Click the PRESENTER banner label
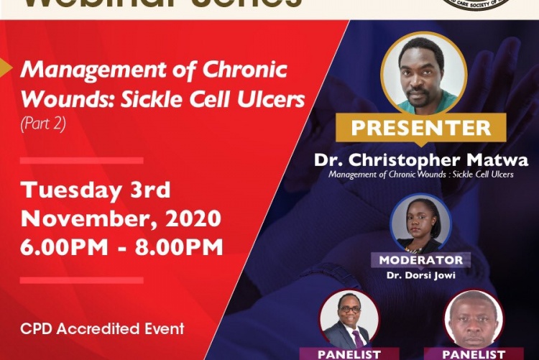pos(421,128)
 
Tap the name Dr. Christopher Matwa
pos(421,160)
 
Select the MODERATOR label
pos(420,259)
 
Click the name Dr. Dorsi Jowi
pos(420,274)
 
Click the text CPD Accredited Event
pos(102,329)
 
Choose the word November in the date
pos(80,218)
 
